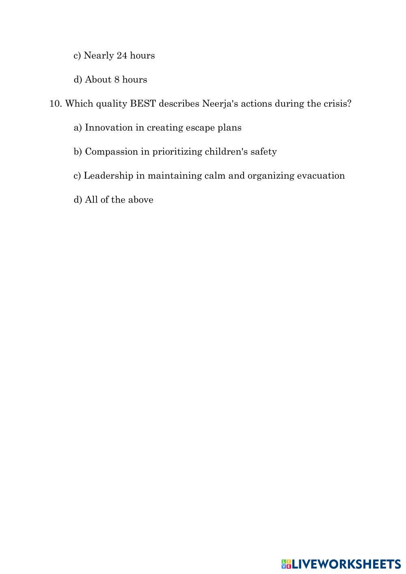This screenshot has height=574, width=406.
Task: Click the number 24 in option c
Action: (122, 55)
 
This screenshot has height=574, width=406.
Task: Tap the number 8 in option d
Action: (117, 80)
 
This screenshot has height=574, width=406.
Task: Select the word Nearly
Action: (99, 55)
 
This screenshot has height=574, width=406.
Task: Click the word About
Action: (98, 80)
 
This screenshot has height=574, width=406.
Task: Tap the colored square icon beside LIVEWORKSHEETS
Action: (286, 564)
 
